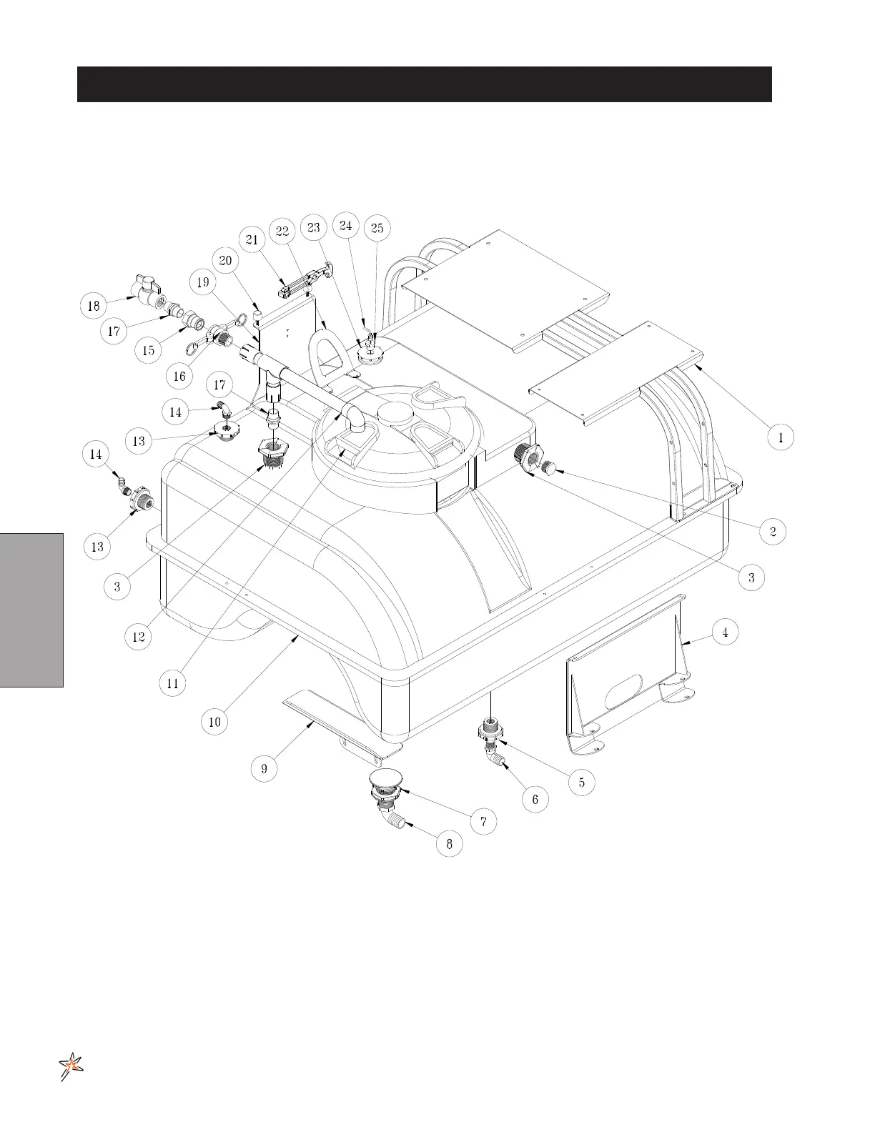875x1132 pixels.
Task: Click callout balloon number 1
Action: pyautogui.click(x=781, y=437)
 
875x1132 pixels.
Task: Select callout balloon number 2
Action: pyautogui.click(x=773, y=531)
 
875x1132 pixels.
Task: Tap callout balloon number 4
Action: pyautogui.click(x=725, y=632)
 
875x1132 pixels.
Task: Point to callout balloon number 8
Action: pyautogui.click(x=449, y=844)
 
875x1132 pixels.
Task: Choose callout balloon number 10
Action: pyautogui.click(x=214, y=722)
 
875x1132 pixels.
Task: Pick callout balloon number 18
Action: pyautogui.click(x=94, y=306)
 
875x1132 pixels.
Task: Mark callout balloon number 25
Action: pyautogui.click(x=377, y=228)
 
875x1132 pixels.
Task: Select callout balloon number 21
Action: pyautogui.click(x=252, y=240)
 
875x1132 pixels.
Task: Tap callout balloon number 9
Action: pyautogui.click(x=264, y=768)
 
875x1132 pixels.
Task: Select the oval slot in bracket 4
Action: pyautogui.click(x=625, y=691)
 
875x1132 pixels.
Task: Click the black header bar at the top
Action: pyautogui.click(x=424, y=84)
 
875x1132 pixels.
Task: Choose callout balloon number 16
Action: pyautogui.click(x=179, y=375)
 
